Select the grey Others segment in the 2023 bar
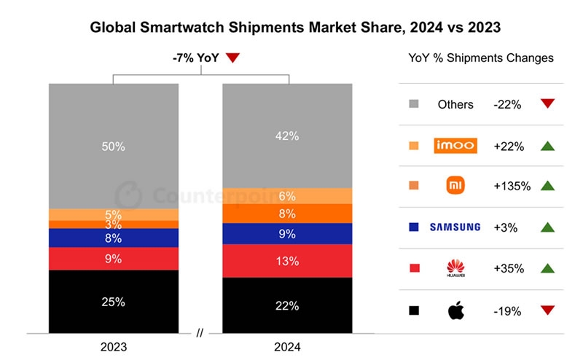tap(113, 146)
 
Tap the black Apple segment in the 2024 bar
tap(286, 305)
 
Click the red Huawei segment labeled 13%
tap(286, 261)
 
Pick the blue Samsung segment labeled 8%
tap(113, 238)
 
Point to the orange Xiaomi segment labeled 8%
tap(286, 214)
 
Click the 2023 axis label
tap(113, 347)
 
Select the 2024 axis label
tap(286, 347)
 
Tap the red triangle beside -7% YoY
tap(232, 58)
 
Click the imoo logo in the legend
tap(455, 146)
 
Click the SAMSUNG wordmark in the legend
tap(455, 227)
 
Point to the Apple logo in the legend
tap(455, 310)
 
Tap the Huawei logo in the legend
tap(455, 269)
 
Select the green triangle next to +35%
tap(548, 268)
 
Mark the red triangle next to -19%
tap(548, 310)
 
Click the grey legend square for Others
tap(414, 104)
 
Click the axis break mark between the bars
tap(200, 334)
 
